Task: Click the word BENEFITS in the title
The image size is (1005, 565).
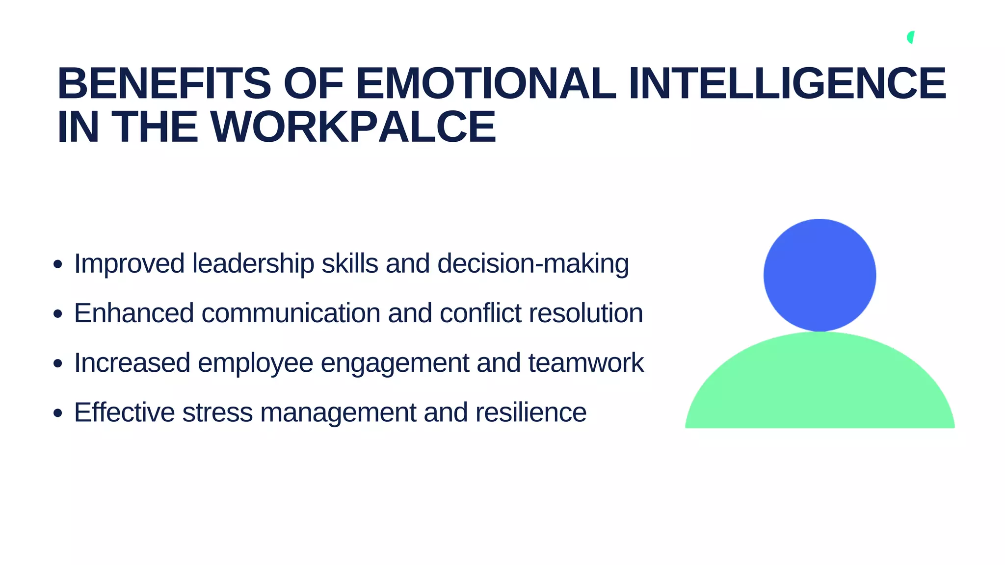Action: tap(164, 83)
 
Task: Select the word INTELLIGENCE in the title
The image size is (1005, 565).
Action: tap(787, 83)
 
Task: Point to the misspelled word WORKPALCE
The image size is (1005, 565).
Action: tap(353, 127)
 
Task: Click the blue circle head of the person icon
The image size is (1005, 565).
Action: tap(820, 275)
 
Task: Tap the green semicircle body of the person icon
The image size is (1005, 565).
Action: tap(820, 387)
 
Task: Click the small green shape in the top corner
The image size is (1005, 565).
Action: tap(911, 37)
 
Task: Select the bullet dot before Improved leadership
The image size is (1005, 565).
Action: tap(58, 264)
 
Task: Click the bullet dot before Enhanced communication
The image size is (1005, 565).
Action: tap(58, 314)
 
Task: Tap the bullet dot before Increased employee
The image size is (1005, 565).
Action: tap(58, 363)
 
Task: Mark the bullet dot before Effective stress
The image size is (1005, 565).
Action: tap(58, 413)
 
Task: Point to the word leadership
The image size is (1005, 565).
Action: tap(253, 264)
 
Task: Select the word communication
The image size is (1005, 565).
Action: tap(291, 313)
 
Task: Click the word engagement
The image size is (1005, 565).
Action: tap(395, 363)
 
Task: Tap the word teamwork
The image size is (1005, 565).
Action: tap(586, 363)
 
